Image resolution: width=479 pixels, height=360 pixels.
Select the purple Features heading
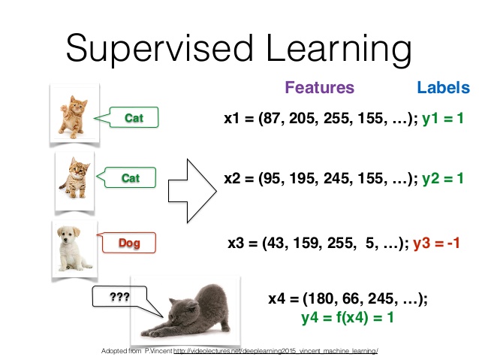[319, 88]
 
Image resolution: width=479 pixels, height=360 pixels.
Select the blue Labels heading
[444, 88]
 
